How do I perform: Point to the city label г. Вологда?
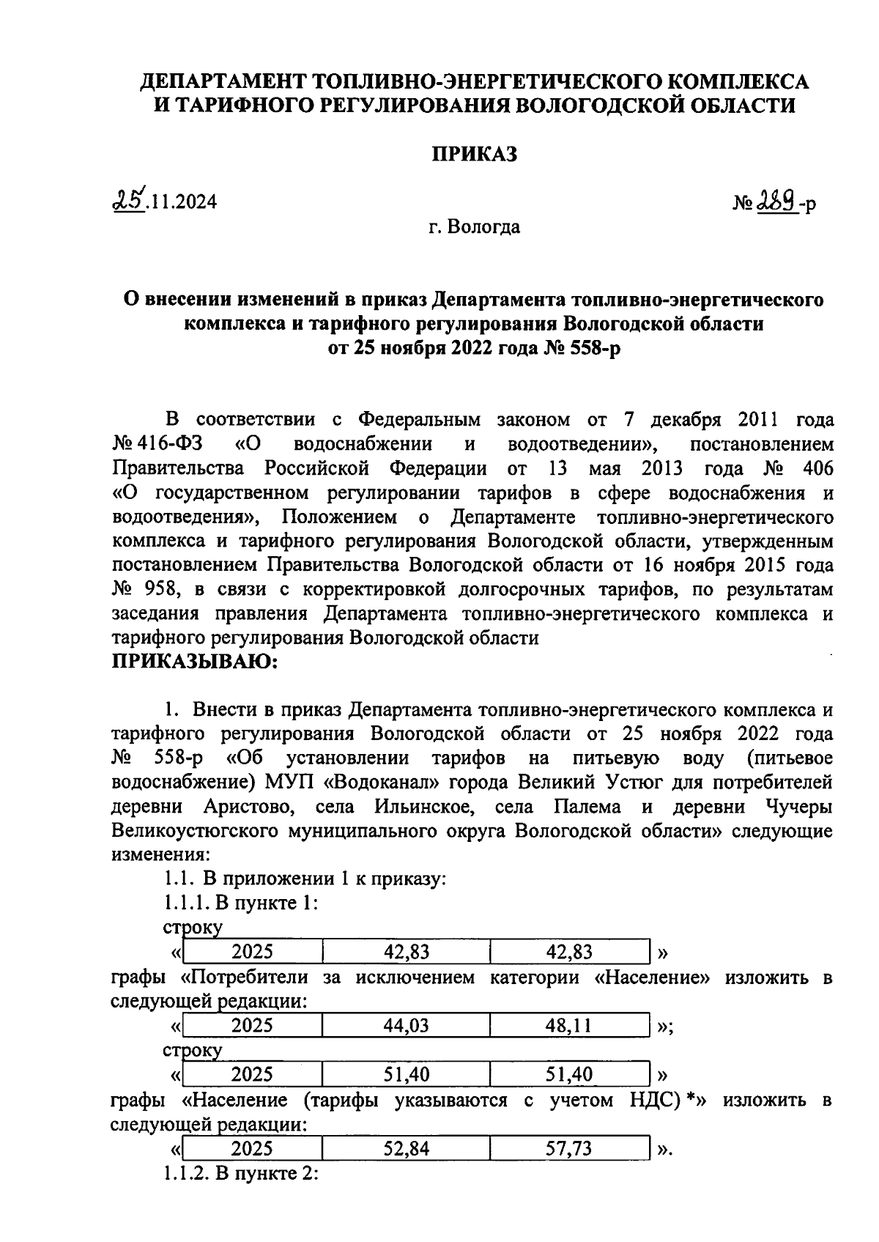(x=474, y=227)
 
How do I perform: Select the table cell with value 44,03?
(x=406, y=1026)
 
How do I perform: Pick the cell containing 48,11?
(x=568, y=1026)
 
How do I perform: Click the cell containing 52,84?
(x=406, y=1148)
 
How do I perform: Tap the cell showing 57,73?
(x=568, y=1148)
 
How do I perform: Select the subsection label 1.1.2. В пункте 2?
(x=240, y=1173)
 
